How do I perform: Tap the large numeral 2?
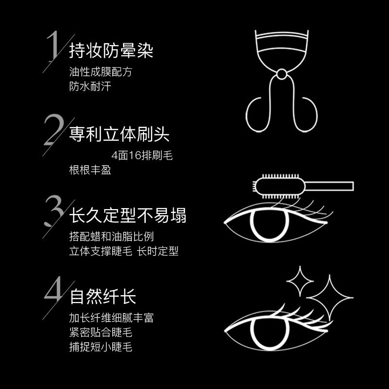click(54, 129)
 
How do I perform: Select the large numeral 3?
click(54, 211)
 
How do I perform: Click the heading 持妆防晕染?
click(111, 51)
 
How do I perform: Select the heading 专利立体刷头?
click(119, 134)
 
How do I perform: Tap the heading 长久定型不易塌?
click(127, 215)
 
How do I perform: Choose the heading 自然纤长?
click(103, 296)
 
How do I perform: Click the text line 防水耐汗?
click(90, 87)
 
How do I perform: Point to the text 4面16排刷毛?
click(142, 156)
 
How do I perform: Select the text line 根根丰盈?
click(90, 170)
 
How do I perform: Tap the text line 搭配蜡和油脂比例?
click(111, 236)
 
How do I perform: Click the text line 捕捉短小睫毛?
click(101, 347)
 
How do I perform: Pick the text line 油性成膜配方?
click(101, 72)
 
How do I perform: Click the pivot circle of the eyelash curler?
click(282, 74)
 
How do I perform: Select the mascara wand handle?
click(329, 186)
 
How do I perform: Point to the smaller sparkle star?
click(300, 281)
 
